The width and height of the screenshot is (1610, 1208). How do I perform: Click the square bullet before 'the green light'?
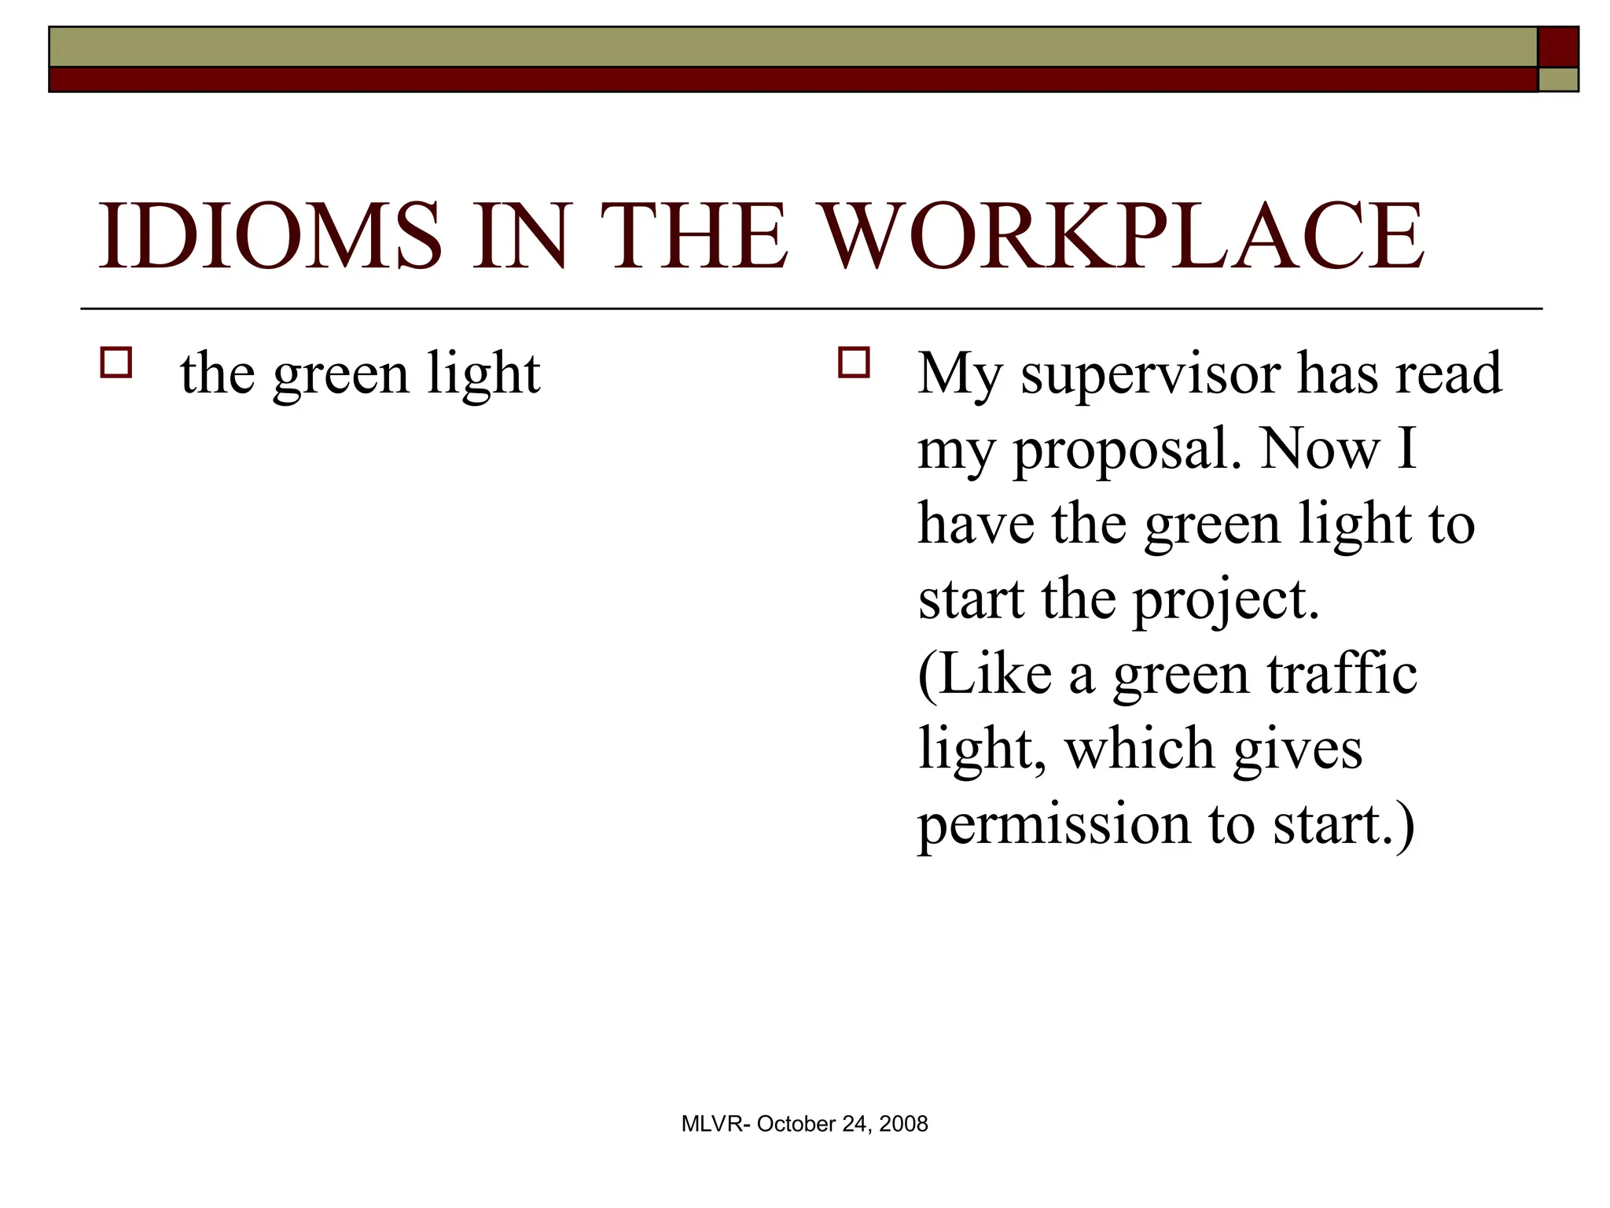coord(116,363)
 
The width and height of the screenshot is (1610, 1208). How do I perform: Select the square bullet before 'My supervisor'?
coord(854,363)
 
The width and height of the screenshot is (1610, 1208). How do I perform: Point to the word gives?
coord(1297,750)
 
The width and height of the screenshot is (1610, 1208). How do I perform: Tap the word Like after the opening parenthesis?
coord(994,674)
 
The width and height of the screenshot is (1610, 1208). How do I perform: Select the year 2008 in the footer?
coord(903,1124)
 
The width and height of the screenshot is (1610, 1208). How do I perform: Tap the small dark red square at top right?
coord(1557,47)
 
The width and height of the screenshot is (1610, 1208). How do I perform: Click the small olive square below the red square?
coord(1557,79)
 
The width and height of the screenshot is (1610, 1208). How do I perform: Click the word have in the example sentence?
coord(976,525)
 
